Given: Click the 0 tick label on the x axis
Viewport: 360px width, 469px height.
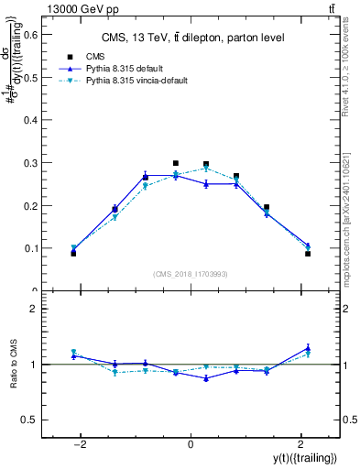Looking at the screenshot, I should (x=191, y=445).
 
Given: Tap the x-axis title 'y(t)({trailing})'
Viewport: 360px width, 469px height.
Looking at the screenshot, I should (x=304, y=457).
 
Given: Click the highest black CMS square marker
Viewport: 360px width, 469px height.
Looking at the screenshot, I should (x=176, y=163).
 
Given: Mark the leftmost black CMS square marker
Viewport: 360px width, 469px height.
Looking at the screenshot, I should (x=73, y=253).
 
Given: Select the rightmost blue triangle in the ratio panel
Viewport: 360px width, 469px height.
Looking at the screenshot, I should (x=308, y=348).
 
